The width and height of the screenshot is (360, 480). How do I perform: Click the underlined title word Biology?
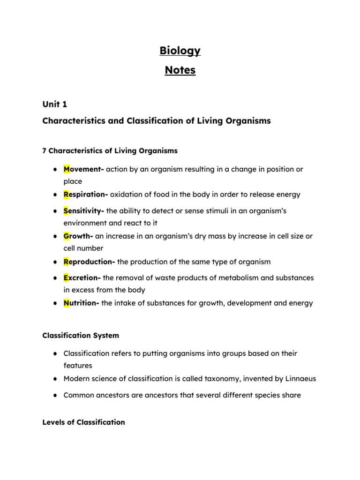pos(180,51)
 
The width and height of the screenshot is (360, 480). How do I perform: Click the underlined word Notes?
pos(180,71)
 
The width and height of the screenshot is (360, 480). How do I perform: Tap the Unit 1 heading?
pos(55,104)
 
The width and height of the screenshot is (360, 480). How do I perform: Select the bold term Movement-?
pos(83,169)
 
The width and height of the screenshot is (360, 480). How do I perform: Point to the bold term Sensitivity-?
pos(84,211)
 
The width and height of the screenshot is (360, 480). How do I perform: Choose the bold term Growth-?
pos(78,236)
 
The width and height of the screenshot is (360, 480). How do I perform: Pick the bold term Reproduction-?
pos(90,262)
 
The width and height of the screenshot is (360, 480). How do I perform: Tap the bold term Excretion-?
pos(82,278)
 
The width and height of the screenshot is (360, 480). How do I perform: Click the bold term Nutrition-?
pos(81,303)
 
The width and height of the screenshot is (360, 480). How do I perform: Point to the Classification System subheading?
pos(81,336)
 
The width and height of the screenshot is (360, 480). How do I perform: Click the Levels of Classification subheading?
pos(83,422)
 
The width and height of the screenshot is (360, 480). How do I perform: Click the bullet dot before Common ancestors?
pos(55,396)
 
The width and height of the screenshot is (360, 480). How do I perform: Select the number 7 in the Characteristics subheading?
pos(45,151)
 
